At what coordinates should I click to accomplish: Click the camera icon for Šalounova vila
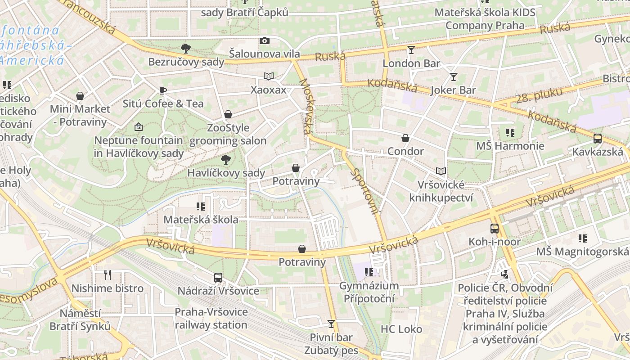265,41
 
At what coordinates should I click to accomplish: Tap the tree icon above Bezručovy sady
185,48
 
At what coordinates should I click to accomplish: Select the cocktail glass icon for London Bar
411,49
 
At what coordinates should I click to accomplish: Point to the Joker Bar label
453,90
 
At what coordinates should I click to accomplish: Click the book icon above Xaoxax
269,76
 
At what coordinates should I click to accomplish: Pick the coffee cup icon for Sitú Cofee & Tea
163,90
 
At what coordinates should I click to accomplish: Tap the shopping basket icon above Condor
405,138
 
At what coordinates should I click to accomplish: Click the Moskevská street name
305,106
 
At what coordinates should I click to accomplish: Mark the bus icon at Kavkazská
598,139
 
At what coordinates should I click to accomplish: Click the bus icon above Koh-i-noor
495,229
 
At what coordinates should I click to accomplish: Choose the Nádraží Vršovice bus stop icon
218,278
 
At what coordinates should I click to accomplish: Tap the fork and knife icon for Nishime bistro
108,275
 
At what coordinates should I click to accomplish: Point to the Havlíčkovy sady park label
226,173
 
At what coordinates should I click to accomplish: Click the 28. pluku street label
533,96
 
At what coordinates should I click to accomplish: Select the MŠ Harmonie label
510,146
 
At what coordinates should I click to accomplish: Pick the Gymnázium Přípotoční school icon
369,272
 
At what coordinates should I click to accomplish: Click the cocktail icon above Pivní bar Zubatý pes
331,324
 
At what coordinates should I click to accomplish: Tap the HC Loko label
401,329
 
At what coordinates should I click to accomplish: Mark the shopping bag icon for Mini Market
80,96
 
